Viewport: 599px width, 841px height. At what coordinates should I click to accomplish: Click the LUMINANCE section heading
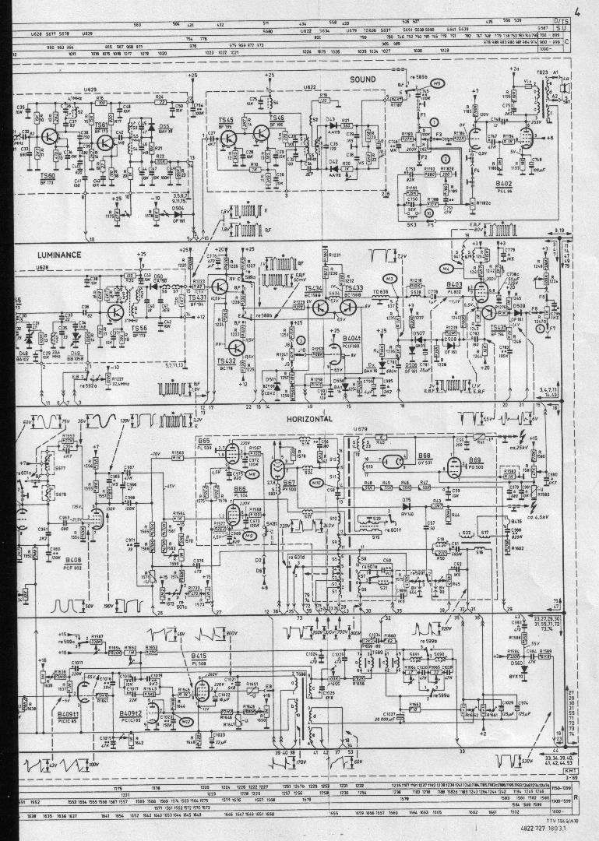pyautogui.click(x=59, y=255)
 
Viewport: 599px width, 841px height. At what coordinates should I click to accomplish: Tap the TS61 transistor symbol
pyautogui.click(x=102, y=136)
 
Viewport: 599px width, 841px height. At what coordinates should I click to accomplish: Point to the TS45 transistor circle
pyautogui.click(x=228, y=138)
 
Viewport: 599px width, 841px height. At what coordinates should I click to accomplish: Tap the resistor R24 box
pyautogui.click(x=160, y=101)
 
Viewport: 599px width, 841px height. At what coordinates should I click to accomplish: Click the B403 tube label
pyautogui.click(x=455, y=285)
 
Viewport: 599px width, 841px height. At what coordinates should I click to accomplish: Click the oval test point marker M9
pyautogui.click(x=250, y=535)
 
